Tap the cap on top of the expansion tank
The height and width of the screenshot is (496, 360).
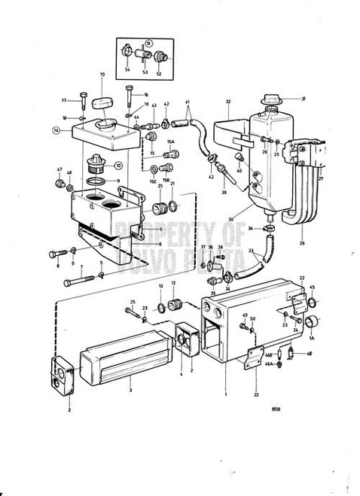click(x=269, y=100)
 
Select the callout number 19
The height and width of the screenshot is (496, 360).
click(x=102, y=75)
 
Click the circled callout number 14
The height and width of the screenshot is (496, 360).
click(x=56, y=129)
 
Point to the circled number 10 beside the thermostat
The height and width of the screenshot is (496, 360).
click(x=118, y=165)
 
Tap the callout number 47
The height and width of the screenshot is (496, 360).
click(x=59, y=172)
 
